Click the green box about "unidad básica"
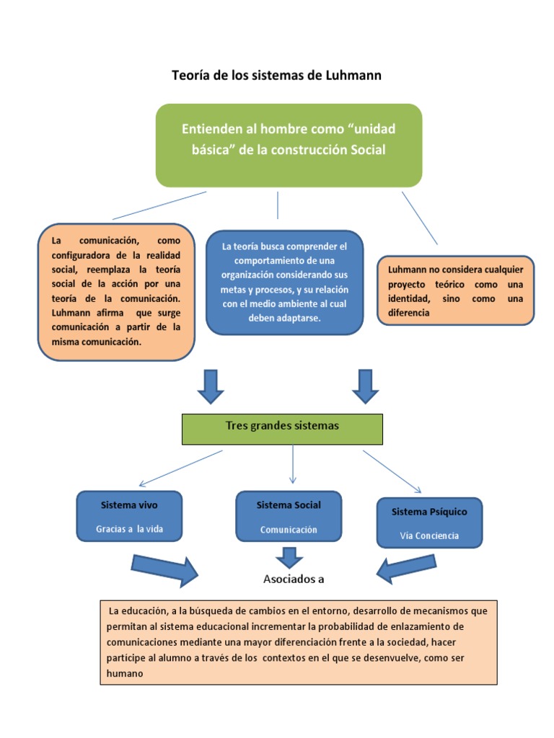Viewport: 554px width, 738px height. pos(289,146)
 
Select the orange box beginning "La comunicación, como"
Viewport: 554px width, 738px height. pos(116,292)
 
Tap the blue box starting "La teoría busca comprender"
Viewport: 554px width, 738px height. pos(284,283)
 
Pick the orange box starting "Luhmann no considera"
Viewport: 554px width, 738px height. pos(456,290)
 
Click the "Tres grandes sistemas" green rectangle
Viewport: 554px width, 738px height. pos(282,430)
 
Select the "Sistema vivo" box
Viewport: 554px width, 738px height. pos(129,516)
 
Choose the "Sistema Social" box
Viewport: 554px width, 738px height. pos(289,516)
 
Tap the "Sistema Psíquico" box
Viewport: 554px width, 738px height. pos(430,523)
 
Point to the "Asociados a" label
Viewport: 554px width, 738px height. pos(294,579)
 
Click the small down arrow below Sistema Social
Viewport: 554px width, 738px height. pos(289,558)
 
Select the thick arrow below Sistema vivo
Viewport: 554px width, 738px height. pos(164,571)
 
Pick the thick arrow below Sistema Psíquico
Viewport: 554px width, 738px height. pos(406,569)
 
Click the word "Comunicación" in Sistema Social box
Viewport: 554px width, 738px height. pos(289,530)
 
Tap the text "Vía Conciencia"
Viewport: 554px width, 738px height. pos(429,535)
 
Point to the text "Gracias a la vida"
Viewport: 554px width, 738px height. pos(130,529)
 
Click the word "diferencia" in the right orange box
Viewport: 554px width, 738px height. pos(408,313)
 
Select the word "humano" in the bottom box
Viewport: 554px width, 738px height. pos(124,674)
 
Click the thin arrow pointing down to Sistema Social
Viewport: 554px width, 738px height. pos(293,464)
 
